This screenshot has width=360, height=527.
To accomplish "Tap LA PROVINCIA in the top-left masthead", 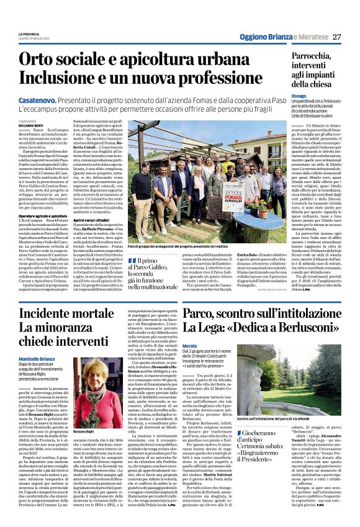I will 29,34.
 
